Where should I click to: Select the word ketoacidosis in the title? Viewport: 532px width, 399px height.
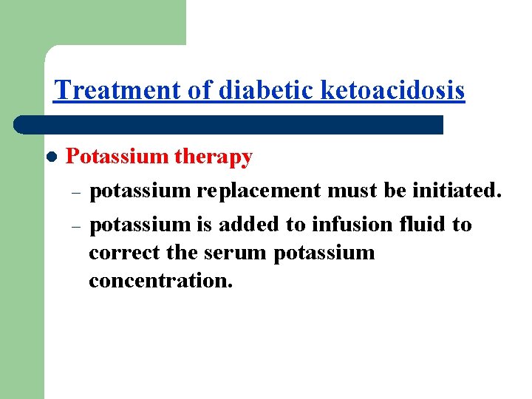click(x=394, y=90)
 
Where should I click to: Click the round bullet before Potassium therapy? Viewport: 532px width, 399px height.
click(x=51, y=157)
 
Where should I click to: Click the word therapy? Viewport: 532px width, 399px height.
click(x=214, y=157)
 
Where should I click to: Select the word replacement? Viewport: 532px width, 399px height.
click(x=259, y=191)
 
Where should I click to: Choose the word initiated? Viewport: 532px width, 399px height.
click(x=457, y=191)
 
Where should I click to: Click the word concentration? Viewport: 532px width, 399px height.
click(x=160, y=282)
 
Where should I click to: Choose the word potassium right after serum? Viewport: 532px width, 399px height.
click(x=324, y=253)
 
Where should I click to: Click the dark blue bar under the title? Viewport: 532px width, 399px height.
click(x=229, y=124)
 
